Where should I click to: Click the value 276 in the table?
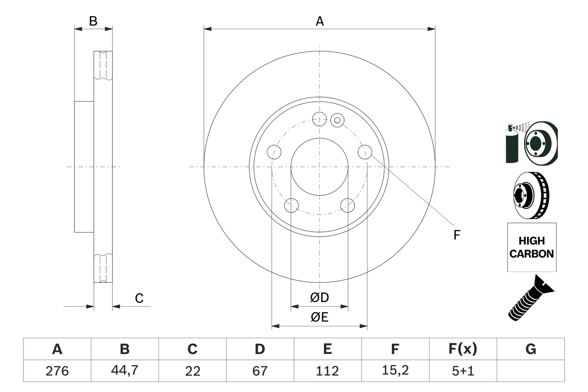[x=57, y=371]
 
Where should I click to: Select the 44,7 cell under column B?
[x=124, y=371]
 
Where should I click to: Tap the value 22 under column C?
[x=192, y=371]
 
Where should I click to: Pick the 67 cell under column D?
[x=260, y=371]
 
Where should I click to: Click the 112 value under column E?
[x=327, y=371]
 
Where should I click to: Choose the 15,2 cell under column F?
[x=395, y=371]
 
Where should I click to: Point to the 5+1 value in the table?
[x=463, y=371]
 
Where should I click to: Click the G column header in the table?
[x=531, y=349]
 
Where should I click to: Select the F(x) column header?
[x=463, y=349]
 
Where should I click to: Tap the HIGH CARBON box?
[x=531, y=247]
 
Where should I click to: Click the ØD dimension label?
[x=320, y=297]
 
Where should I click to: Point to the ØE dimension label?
[x=319, y=318]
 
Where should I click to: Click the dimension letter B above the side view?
[x=93, y=21]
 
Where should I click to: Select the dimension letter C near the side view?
[x=139, y=298]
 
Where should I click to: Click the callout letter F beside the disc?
[x=457, y=235]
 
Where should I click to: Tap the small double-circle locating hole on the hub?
[x=337, y=120]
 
